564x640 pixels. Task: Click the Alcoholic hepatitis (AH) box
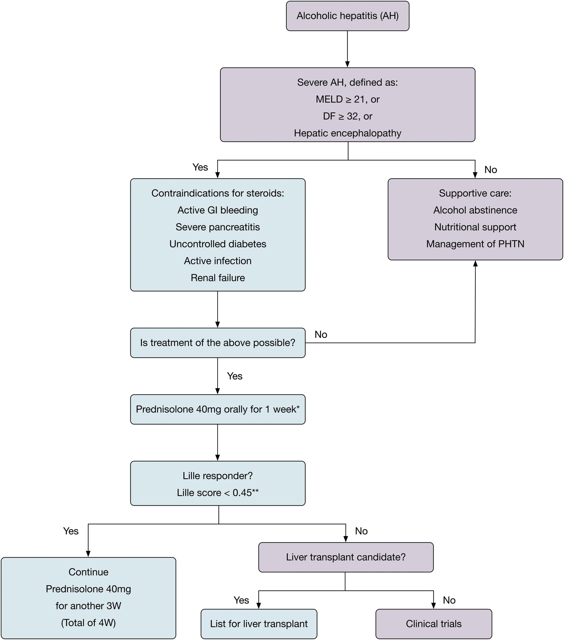(348, 16)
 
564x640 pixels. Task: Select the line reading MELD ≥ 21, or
(348, 99)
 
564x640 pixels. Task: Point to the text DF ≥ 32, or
(348, 116)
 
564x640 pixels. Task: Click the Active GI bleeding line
(218, 210)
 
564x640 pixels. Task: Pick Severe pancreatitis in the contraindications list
(218, 227)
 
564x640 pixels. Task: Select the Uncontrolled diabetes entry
(218, 244)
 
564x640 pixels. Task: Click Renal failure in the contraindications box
(218, 278)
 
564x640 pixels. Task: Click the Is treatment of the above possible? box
(218, 343)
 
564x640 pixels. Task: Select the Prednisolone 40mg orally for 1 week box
(218, 409)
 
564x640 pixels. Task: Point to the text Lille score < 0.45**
(218, 492)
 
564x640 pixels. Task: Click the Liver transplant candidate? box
(346, 557)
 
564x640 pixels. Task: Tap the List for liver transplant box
(259, 624)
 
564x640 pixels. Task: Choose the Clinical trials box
(434, 624)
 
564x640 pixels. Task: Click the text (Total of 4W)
(88, 623)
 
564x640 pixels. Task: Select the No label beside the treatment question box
(321, 334)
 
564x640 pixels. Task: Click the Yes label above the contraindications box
(200, 167)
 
